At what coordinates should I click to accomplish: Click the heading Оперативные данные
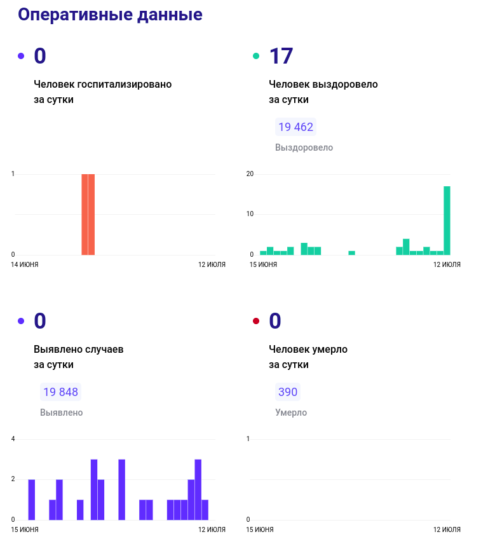tap(110, 15)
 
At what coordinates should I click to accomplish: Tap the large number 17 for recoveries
tap(281, 56)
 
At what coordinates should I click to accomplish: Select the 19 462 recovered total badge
tap(295, 127)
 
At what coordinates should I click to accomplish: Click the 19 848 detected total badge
tap(60, 392)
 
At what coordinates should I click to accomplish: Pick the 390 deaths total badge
tap(287, 392)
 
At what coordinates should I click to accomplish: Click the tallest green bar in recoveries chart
tap(447, 220)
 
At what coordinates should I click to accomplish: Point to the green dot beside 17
tap(256, 56)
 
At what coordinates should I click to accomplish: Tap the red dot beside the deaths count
tap(256, 321)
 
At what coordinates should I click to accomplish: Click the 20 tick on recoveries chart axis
tap(250, 174)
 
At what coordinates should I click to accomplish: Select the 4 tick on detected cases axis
tap(13, 439)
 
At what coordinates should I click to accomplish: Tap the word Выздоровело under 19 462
tap(304, 147)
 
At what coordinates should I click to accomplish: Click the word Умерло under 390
tap(291, 413)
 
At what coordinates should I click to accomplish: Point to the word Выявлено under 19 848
tap(61, 413)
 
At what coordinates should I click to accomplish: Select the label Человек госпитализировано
tap(102, 84)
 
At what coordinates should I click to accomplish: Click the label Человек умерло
tap(308, 349)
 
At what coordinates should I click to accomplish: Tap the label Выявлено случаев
tap(78, 349)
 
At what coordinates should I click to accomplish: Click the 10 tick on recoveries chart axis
tap(250, 214)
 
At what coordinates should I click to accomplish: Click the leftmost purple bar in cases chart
tap(32, 500)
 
